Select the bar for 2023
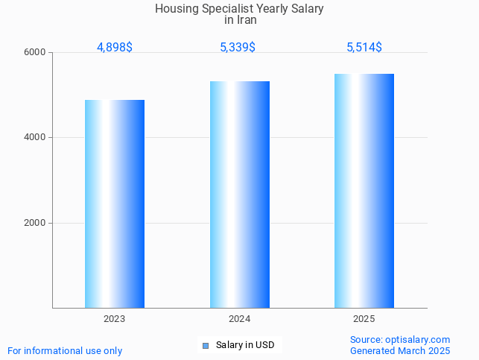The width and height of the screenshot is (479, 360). click(x=115, y=203)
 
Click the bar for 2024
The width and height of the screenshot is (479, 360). click(x=240, y=195)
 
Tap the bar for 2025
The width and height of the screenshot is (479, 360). click(x=364, y=191)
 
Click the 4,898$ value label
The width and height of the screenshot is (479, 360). click(x=115, y=47)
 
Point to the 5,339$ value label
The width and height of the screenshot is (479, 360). click(x=238, y=47)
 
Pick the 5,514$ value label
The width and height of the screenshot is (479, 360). click(x=364, y=47)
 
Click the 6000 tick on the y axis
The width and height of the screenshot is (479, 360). click(x=34, y=52)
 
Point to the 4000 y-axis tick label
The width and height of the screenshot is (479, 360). click(x=34, y=138)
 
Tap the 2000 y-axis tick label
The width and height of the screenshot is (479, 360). click(x=34, y=223)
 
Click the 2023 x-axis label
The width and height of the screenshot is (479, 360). click(x=115, y=319)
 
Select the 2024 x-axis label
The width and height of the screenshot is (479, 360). click(x=240, y=319)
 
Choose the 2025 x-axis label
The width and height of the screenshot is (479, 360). click(x=364, y=319)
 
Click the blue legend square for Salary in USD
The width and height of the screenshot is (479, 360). click(x=206, y=345)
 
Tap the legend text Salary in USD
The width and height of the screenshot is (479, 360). click(x=245, y=345)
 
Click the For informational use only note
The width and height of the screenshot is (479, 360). click(x=65, y=350)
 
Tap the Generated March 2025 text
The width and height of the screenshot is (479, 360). click(x=400, y=350)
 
